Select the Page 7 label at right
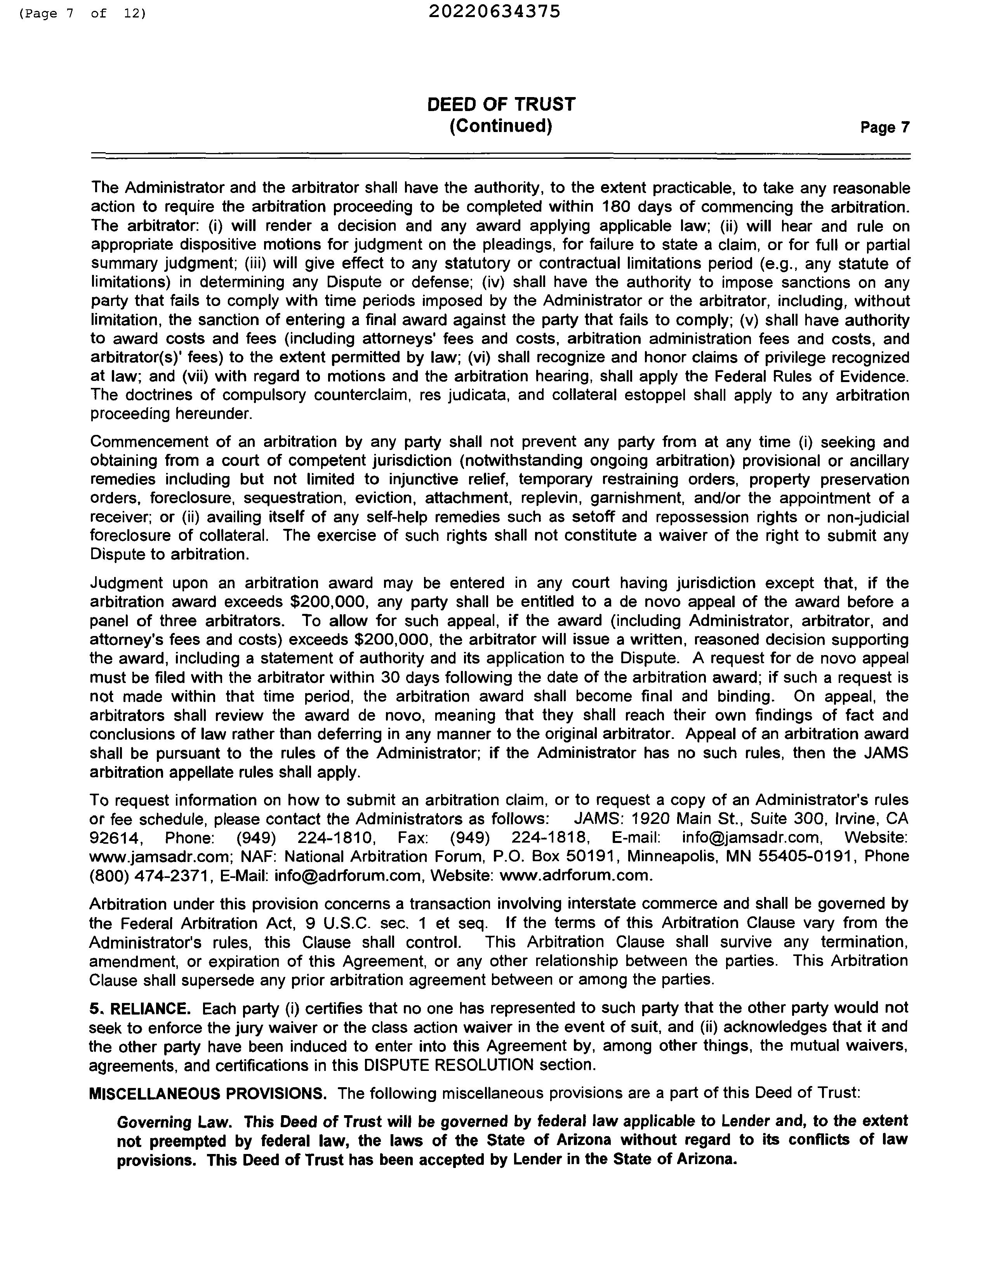coord(885,127)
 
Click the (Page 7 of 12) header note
coord(82,13)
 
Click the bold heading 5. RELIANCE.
coord(140,1009)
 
